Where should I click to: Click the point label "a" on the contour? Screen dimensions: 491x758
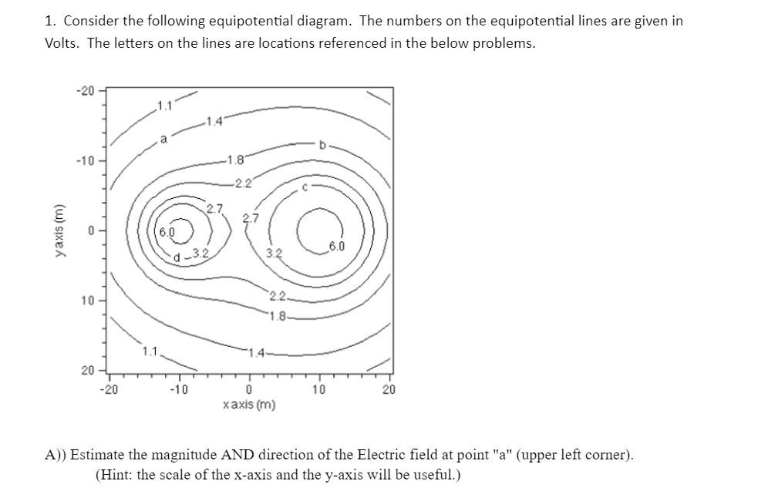point(163,139)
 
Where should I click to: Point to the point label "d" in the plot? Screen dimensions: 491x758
point(178,257)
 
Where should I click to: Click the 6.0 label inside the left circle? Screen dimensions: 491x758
point(167,231)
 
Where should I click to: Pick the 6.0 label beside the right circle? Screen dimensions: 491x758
point(337,247)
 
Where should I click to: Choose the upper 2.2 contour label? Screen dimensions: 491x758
point(244,183)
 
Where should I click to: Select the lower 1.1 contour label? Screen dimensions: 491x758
point(151,353)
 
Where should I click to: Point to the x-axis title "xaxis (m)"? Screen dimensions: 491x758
point(248,405)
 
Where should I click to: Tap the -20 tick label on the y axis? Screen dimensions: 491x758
point(84,92)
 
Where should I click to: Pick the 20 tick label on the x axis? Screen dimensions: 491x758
point(389,390)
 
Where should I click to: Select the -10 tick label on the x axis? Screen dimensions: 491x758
point(178,390)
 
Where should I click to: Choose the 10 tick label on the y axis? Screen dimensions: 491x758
point(86,300)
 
